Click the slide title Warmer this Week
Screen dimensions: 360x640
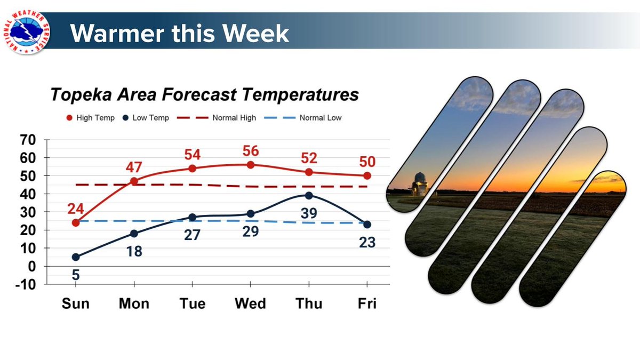coord(180,33)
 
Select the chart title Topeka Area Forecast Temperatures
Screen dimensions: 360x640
coord(204,95)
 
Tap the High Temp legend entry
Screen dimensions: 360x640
coord(91,117)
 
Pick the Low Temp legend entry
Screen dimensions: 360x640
coord(146,117)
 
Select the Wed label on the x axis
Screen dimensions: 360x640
coord(250,303)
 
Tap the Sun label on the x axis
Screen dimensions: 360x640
coord(75,303)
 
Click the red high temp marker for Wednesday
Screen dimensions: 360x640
coord(251,165)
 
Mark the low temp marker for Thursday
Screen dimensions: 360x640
coord(309,196)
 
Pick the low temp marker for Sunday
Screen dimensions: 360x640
coord(76,257)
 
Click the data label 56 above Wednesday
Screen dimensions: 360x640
coord(251,151)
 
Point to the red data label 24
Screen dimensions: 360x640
coord(75,207)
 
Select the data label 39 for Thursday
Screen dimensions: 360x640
coord(309,213)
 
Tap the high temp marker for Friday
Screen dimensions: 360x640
coord(367,175)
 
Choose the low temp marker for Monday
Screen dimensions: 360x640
coord(134,234)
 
